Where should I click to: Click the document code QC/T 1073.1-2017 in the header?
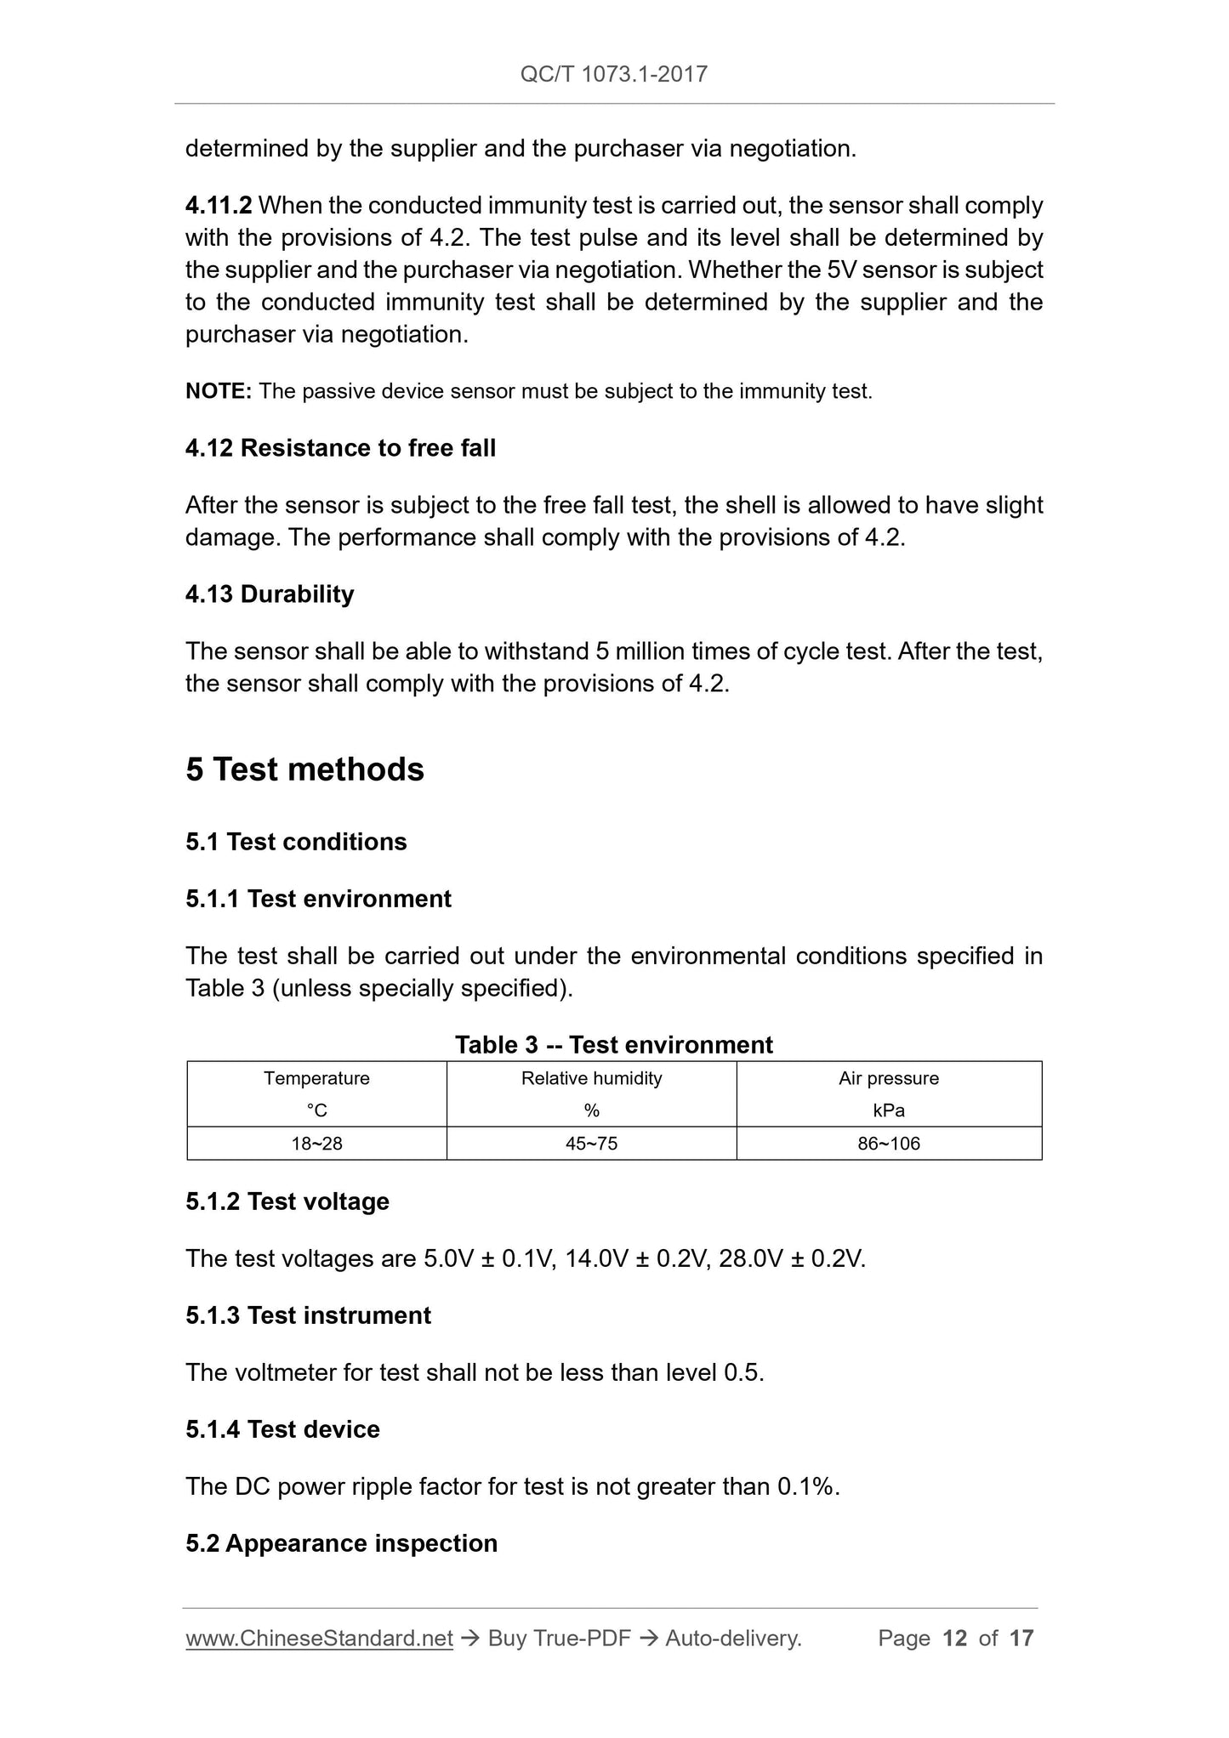pyautogui.click(x=613, y=74)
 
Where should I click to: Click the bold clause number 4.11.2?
pyautogui.click(x=219, y=206)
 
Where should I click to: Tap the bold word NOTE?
pyautogui.click(x=218, y=391)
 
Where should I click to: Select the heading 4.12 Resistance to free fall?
pyautogui.click(x=340, y=448)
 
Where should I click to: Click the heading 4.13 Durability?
pyautogui.click(x=270, y=594)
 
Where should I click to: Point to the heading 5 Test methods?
pyautogui.click(x=304, y=770)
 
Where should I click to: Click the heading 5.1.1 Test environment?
pyautogui.click(x=318, y=899)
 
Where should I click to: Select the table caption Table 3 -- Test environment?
pyautogui.click(x=613, y=1045)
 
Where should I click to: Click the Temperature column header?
pyautogui.click(x=316, y=1078)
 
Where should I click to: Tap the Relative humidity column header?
pyautogui.click(x=591, y=1078)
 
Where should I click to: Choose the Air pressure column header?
pyautogui.click(x=889, y=1078)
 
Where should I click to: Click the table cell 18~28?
pyautogui.click(x=316, y=1144)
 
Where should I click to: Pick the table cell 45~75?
pyautogui.click(x=591, y=1144)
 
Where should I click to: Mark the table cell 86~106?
pyautogui.click(x=889, y=1144)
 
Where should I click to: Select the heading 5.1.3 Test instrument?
pyautogui.click(x=308, y=1315)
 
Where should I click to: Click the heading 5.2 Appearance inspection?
pyautogui.click(x=341, y=1543)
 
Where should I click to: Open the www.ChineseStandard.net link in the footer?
pyautogui.click(x=319, y=1639)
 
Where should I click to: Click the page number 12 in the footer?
pyautogui.click(x=955, y=1639)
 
